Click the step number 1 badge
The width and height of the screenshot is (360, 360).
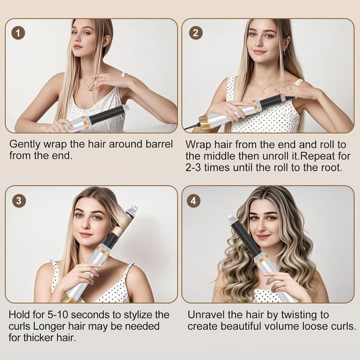click(18, 33)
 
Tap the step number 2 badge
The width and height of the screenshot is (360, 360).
click(196, 33)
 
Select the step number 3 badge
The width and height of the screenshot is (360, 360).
click(19, 201)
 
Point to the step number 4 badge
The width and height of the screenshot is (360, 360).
click(194, 201)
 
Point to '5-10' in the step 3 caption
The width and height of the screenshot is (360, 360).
click(58, 314)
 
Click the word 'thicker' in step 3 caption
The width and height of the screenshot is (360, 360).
click(40, 337)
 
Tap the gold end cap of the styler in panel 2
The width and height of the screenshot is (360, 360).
click(205, 119)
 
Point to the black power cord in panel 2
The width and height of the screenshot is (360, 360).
click(191, 126)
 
